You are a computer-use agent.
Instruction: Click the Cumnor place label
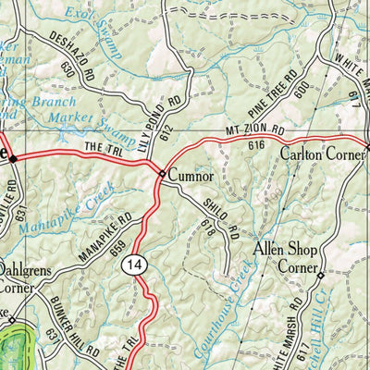pos(191,174)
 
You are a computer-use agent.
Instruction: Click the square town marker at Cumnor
pos(162,173)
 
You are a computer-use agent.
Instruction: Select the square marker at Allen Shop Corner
pos(321,276)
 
